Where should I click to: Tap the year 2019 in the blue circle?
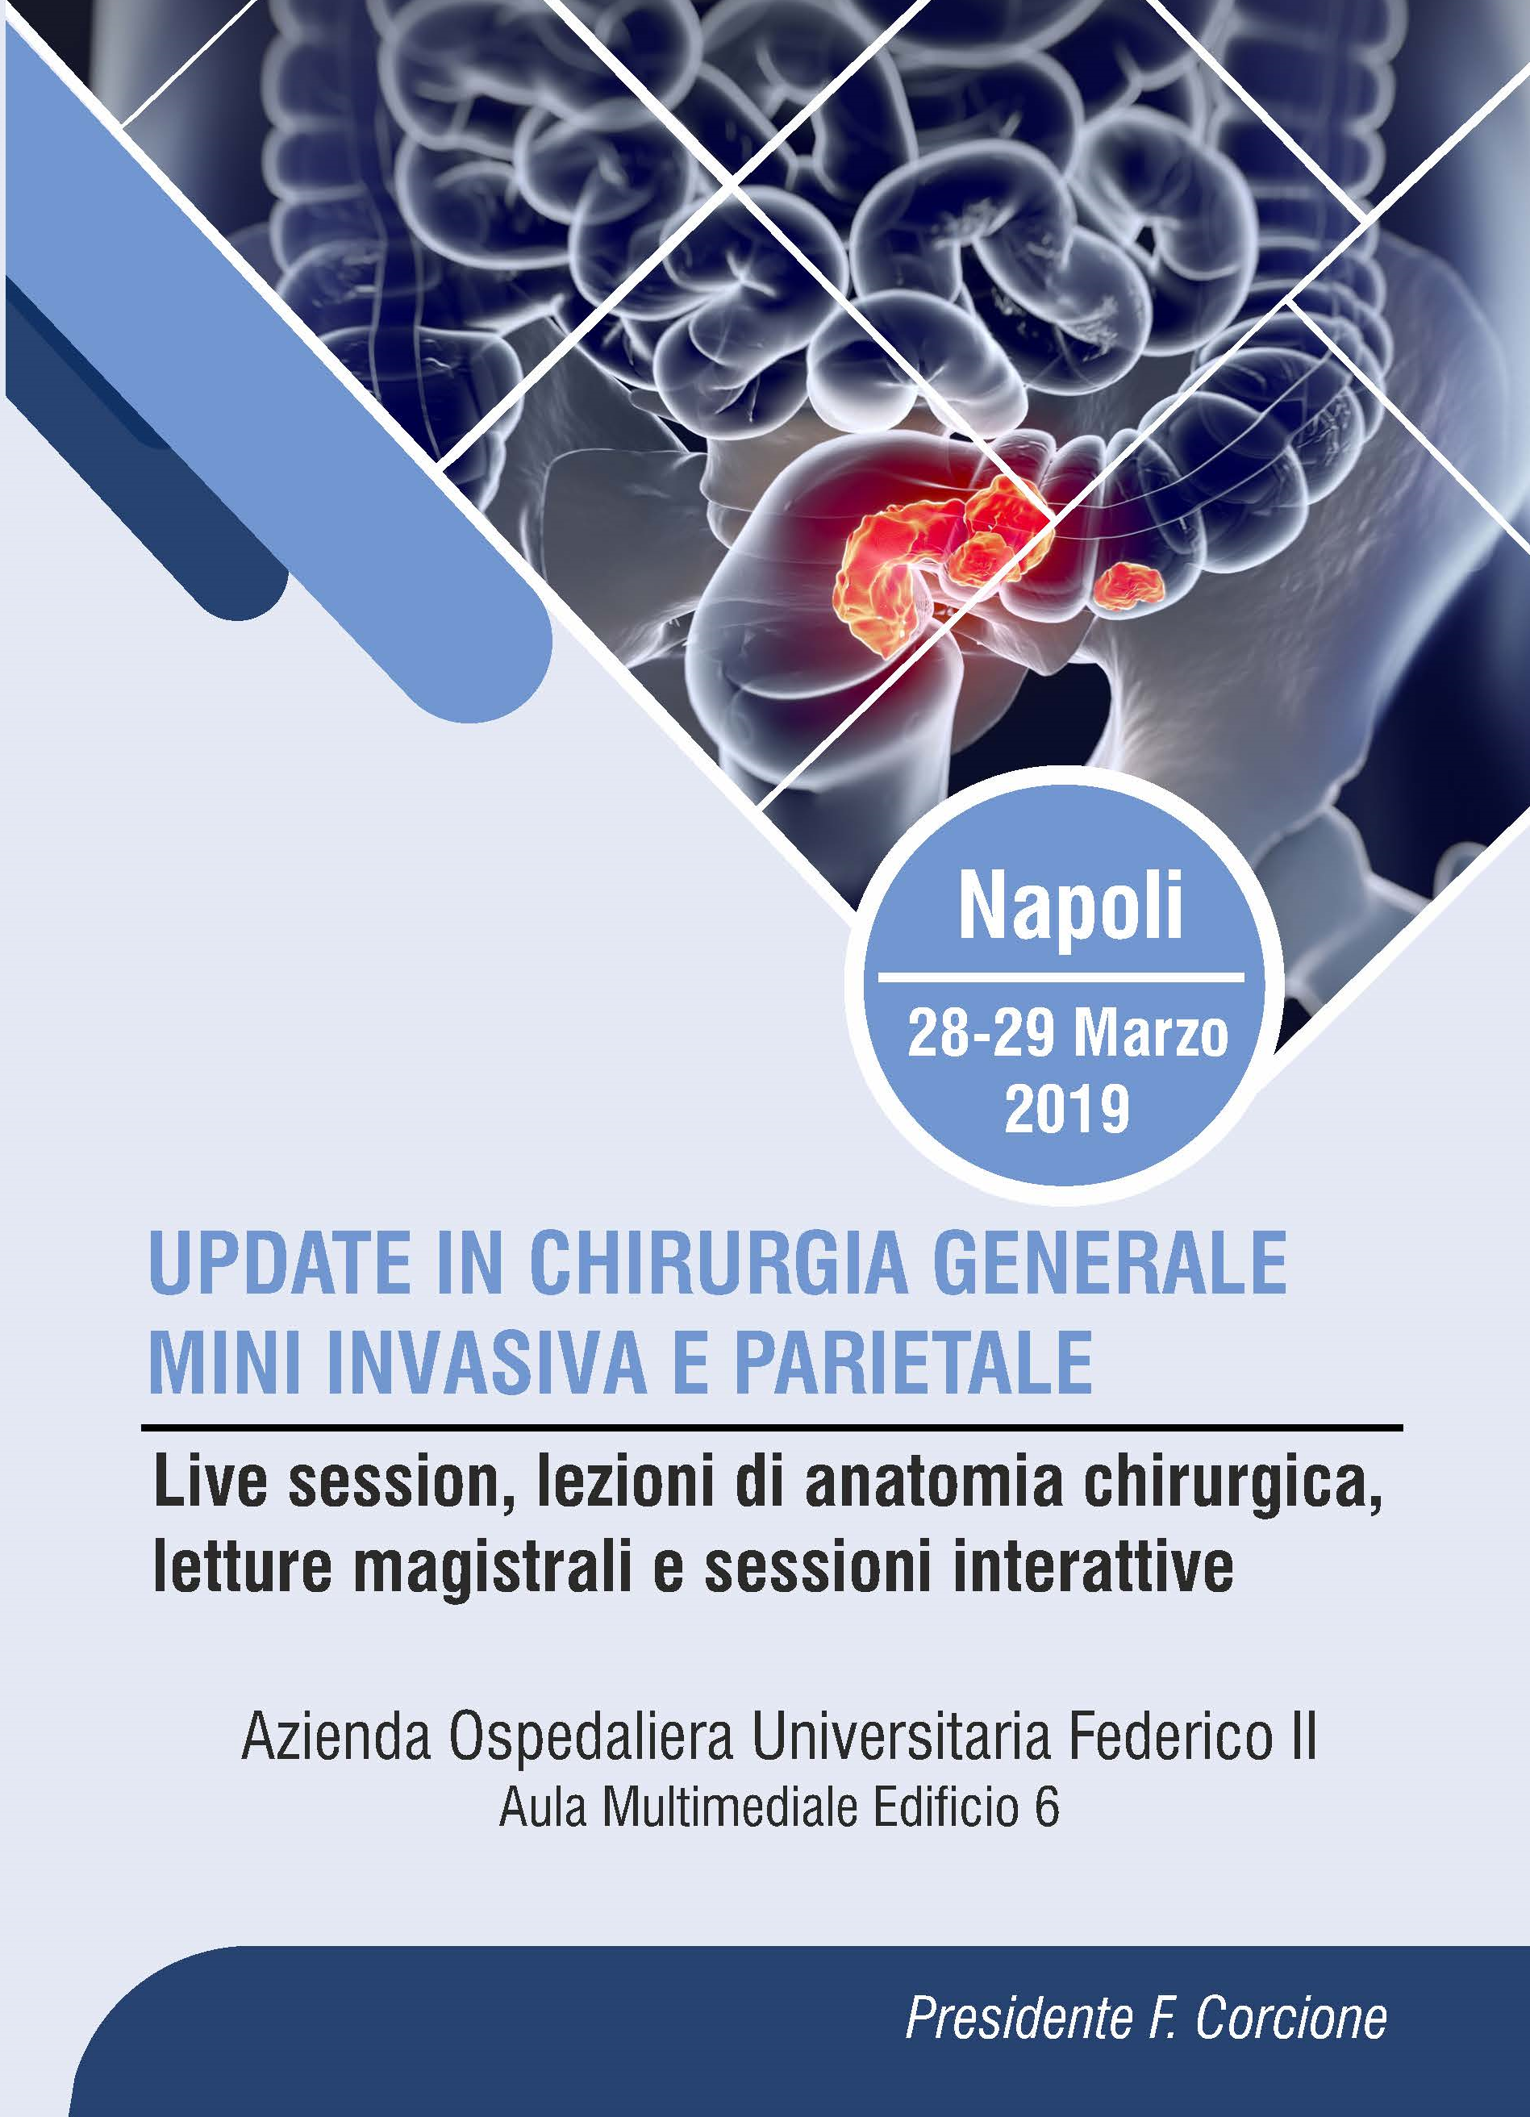pos(1068,1110)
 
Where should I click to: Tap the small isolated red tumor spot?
pos(1129,585)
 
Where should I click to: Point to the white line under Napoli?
pos(1062,979)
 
